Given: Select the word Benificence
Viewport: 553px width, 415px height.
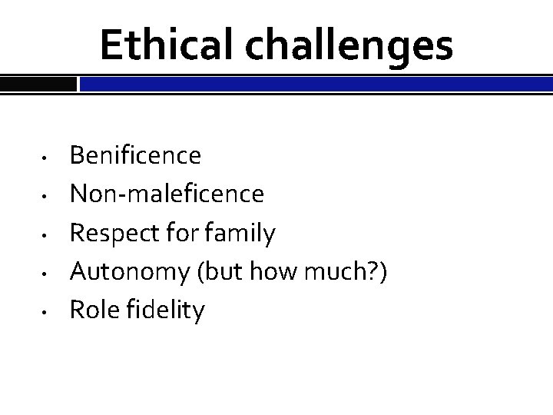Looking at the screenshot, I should point(136,156).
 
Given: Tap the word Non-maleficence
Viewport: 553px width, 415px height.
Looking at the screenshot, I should point(167,194).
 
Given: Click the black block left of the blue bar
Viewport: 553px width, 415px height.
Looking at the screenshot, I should point(38,83).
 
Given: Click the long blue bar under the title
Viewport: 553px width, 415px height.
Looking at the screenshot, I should point(315,83).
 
